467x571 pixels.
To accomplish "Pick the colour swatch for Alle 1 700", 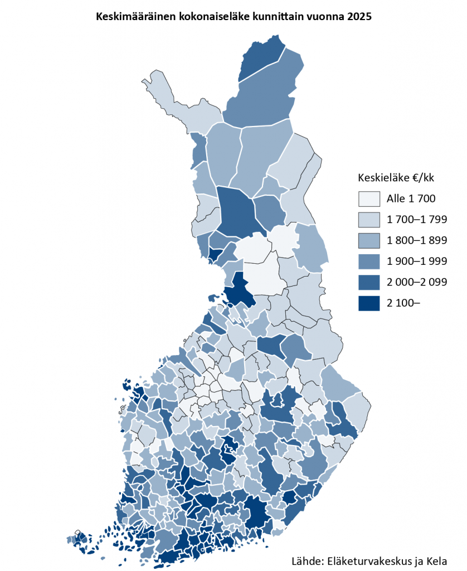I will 369,199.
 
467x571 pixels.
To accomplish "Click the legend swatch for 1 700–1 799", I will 369,219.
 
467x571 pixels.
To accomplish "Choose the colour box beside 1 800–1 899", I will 369,240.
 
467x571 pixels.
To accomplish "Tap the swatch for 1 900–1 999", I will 369,261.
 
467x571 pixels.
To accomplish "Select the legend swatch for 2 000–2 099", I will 369,282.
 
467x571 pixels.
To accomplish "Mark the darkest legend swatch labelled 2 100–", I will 369,303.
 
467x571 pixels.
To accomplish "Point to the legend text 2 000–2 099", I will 416,282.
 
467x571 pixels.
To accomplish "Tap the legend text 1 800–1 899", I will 416,240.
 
